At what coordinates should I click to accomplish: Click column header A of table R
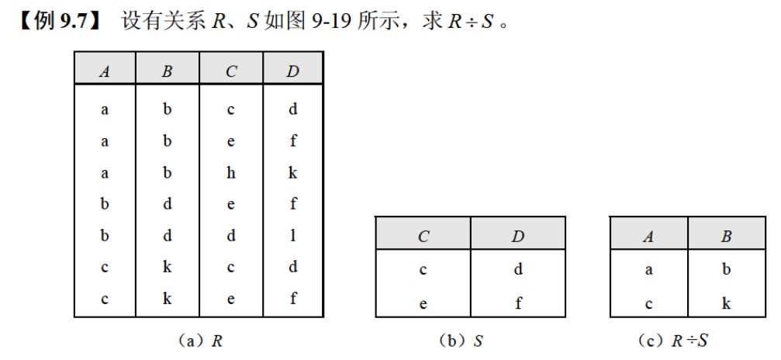coord(105,72)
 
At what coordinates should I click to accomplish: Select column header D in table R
coord(292,72)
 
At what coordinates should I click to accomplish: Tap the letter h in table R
coord(230,173)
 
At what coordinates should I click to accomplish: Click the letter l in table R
coord(292,236)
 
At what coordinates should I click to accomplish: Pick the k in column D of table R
coord(292,173)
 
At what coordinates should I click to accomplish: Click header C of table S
coord(423,237)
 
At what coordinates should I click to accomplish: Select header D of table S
coord(517,237)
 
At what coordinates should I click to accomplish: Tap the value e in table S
coord(423,303)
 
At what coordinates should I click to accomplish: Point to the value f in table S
coord(517,303)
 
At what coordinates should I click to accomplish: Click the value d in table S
coord(517,269)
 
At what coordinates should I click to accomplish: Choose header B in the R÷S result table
coord(726,237)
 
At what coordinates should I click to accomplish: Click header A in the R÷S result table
coord(648,237)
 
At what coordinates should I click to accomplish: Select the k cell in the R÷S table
coord(726,303)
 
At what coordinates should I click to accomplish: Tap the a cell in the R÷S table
coord(648,269)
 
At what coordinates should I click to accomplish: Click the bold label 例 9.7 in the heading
coord(59,21)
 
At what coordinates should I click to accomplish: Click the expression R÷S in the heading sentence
coord(470,21)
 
